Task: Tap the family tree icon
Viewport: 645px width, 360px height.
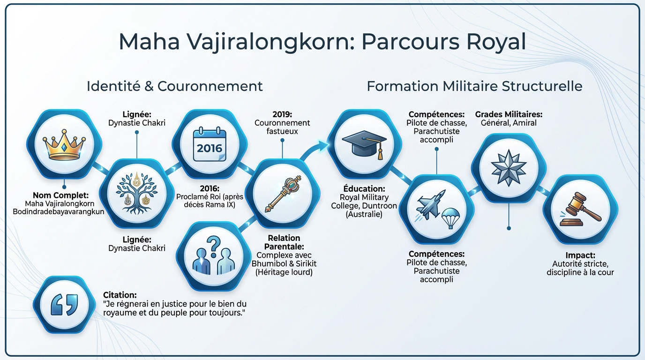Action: tap(136, 193)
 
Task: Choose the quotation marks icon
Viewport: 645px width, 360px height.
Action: tap(64, 305)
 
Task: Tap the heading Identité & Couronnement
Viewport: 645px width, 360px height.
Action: tap(175, 86)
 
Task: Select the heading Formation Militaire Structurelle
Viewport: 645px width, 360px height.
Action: tap(474, 86)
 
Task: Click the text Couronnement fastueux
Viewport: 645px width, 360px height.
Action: tap(282, 127)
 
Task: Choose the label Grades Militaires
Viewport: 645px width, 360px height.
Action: tap(509, 114)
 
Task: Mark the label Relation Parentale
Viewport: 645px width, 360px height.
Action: tap(284, 242)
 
